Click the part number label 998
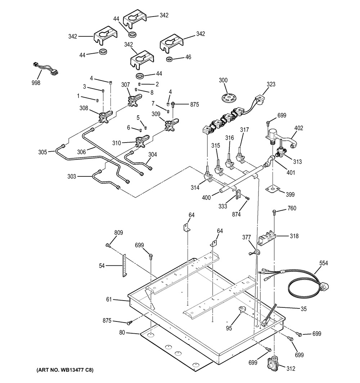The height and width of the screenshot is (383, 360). pyautogui.click(x=36, y=83)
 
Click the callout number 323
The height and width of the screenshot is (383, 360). pyautogui.click(x=271, y=84)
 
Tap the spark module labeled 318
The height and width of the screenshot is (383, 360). pyautogui.click(x=267, y=237)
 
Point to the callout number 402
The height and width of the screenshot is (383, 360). pyautogui.click(x=298, y=128)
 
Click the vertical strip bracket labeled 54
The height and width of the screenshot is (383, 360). pyautogui.click(x=125, y=265)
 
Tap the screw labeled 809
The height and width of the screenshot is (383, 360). pyautogui.click(x=108, y=245)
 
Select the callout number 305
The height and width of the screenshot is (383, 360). pyautogui.click(x=43, y=152)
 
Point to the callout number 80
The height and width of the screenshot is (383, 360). pyautogui.click(x=122, y=333)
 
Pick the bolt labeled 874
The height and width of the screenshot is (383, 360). pyautogui.click(x=247, y=199)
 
